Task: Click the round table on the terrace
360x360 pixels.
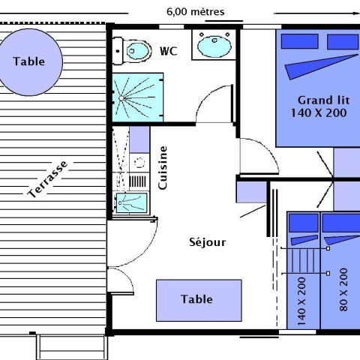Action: coord(30,62)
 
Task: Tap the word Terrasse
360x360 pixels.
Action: coord(47,179)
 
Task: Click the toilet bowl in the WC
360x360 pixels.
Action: coord(138,51)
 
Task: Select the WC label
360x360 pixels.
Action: coord(169,51)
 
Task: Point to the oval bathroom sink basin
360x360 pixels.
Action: coord(214,46)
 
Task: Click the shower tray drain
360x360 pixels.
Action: coord(121,98)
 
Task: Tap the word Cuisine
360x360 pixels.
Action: coord(163,168)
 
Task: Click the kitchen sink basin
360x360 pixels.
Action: coord(131,202)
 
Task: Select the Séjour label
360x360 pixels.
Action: coord(207,242)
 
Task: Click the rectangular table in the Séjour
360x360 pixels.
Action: coord(199,300)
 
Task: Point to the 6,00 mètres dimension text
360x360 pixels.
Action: coord(195,12)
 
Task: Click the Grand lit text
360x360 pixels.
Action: coord(323,100)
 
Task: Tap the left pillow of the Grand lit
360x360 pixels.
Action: coord(300,41)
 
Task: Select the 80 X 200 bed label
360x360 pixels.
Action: coord(343,289)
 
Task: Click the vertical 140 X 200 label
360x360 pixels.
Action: coord(301,301)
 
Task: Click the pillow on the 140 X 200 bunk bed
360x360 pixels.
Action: coord(304,223)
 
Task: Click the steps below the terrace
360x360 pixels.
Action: coord(72,347)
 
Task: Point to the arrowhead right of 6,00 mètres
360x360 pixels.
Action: coord(356,13)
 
